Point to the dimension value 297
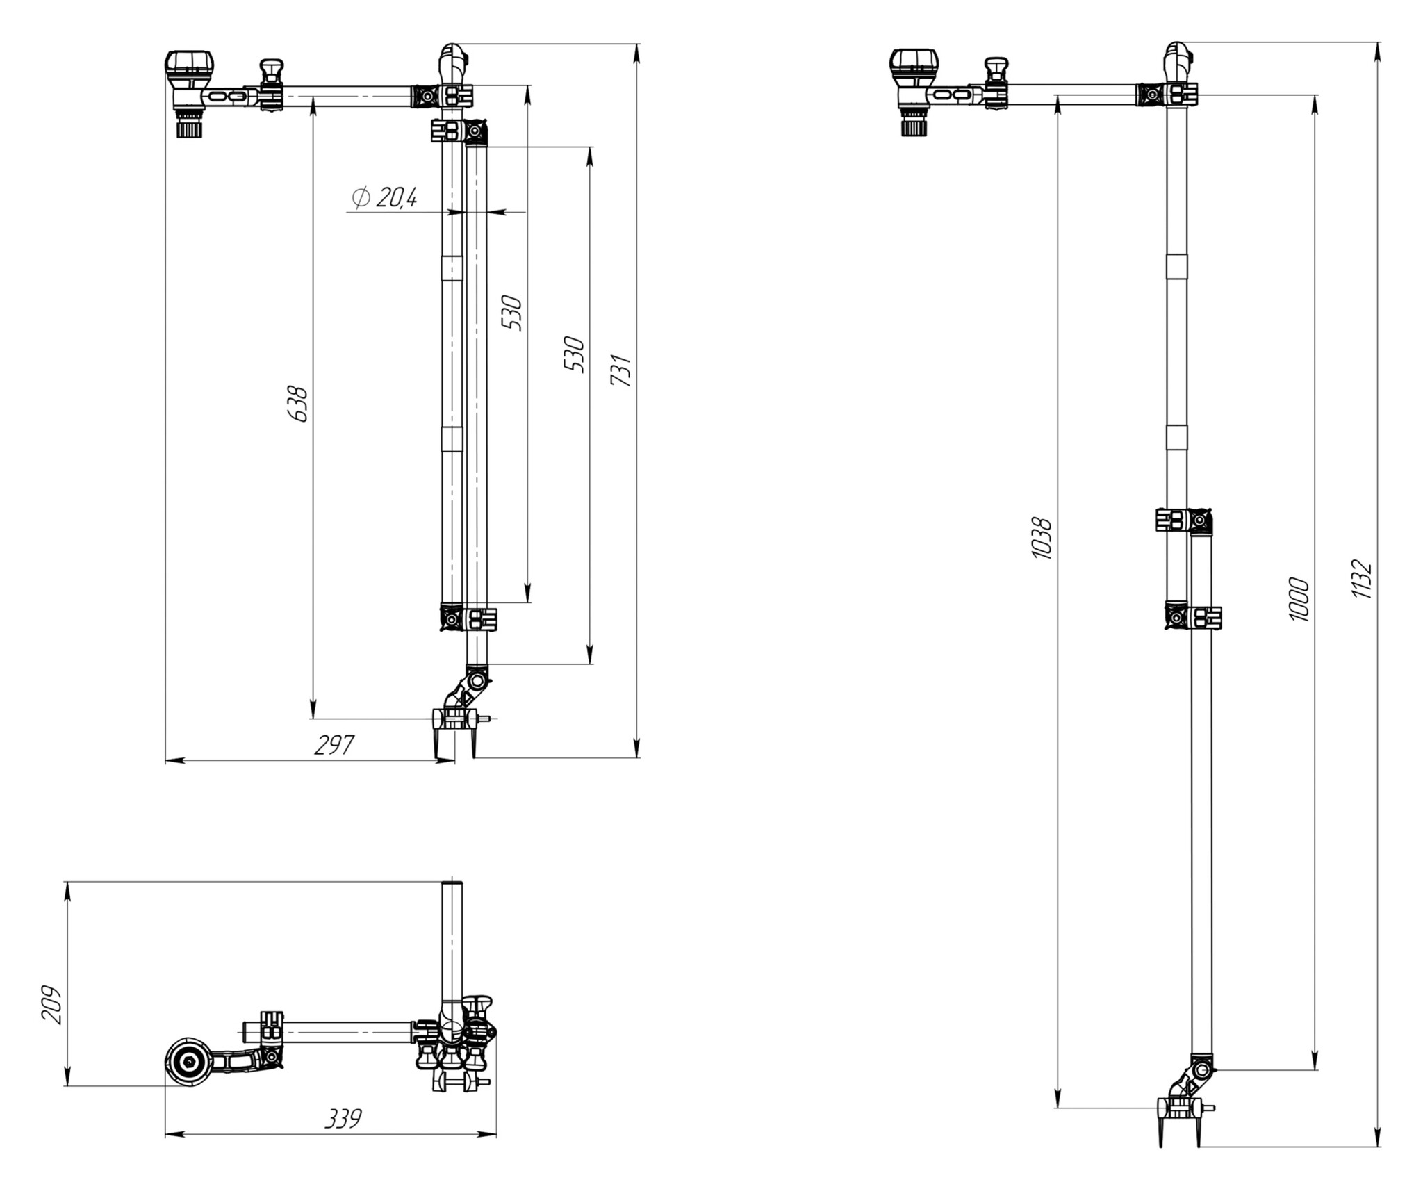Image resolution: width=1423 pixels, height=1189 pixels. (334, 745)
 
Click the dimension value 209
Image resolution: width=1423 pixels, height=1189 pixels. (52, 1003)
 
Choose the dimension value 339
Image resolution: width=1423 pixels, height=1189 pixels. (343, 1119)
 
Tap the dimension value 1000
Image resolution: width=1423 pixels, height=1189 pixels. (1299, 599)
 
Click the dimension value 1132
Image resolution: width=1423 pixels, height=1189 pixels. (1362, 578)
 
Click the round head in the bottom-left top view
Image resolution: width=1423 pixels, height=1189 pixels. (189, 1061)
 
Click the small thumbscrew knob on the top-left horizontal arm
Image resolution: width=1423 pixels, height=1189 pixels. (272, 69)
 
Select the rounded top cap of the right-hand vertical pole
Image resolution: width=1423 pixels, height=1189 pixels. (1176, 54)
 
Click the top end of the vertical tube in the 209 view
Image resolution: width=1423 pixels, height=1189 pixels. (452, 885)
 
